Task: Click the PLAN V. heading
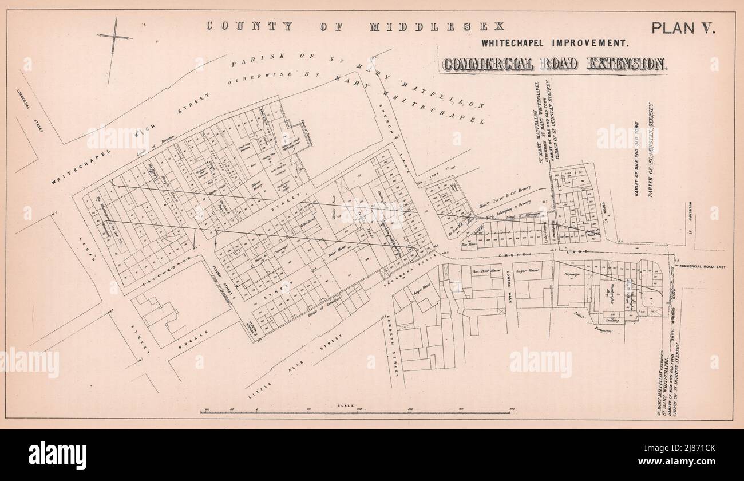[683, 28]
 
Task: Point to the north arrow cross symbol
[114, 38]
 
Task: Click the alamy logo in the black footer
[58, 455]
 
